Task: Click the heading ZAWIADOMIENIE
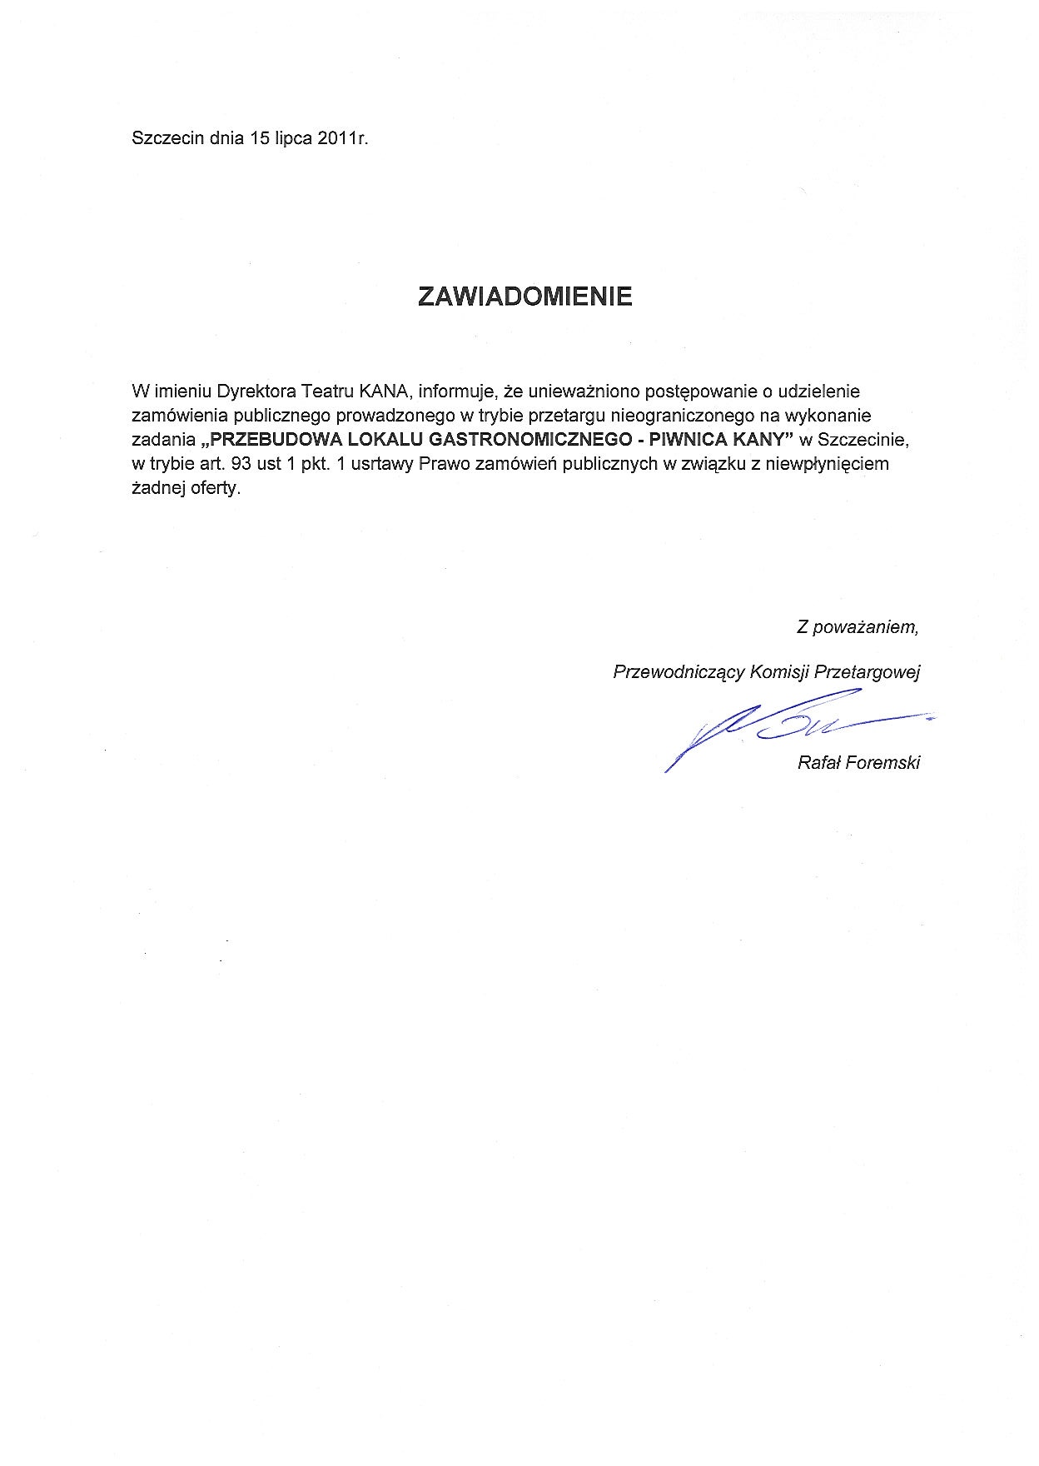524,297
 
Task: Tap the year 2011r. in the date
342,139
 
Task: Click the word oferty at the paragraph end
215,488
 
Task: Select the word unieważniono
584,391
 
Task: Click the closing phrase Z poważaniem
858,627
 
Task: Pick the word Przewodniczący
678,672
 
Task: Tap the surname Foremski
882,763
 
